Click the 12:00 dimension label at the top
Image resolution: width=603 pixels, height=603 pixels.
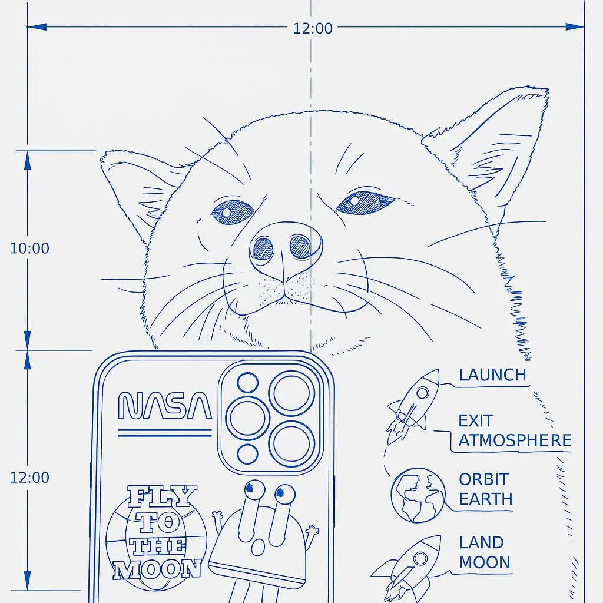coord(313,28)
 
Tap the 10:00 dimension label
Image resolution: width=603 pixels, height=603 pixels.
coord(29,249)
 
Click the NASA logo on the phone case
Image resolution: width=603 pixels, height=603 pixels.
coord(165,405)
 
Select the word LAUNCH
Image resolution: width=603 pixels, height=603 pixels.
coord(492,375)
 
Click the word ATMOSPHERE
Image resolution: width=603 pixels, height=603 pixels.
coord(515,440)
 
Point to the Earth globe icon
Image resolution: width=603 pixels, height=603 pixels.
coord(418,495)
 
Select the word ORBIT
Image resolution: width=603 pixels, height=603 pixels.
coord(484,479)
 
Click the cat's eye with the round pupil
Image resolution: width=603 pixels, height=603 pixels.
coord(233,212)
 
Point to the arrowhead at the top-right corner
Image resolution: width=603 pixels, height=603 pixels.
coord(575,27)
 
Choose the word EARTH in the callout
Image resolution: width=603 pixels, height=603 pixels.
coord(486,499)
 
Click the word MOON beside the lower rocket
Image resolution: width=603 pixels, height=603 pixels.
coord(485,562)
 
